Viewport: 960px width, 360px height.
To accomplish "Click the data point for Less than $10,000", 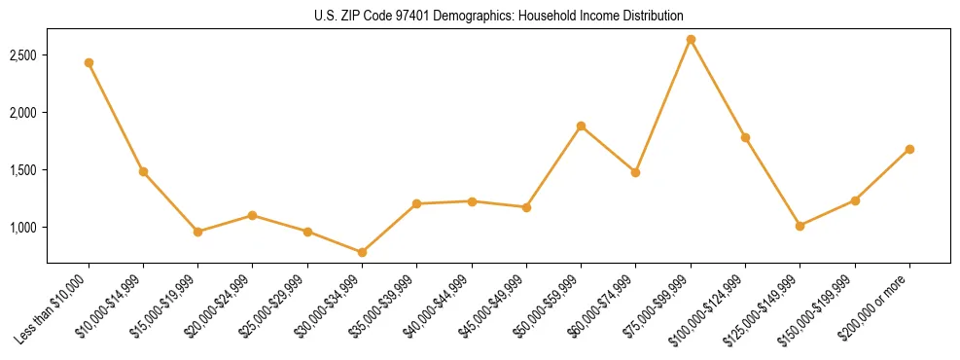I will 89,62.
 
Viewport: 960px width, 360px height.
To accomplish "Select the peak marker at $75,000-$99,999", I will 691,39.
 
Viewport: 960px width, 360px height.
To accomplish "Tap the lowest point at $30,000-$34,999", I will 362,252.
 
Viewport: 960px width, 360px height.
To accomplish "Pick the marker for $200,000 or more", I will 909,149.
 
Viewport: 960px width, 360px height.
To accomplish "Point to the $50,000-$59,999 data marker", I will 581,126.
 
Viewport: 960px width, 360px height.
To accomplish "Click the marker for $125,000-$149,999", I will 800,226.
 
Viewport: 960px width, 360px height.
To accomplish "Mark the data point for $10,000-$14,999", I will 143,171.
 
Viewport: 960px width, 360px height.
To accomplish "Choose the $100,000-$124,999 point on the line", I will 745,137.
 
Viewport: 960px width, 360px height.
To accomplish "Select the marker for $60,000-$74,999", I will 635,172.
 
